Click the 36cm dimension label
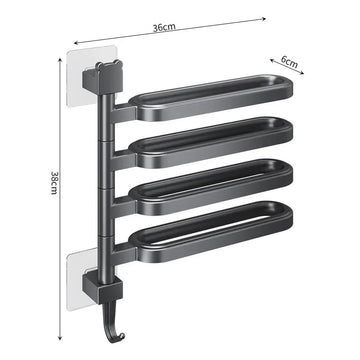click(x=164, y=27)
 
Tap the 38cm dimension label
click(x=54, y=183)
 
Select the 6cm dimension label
click(x=289, y=61)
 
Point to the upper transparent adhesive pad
click(x=92, y=76)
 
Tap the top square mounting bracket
click(x=103, y=79)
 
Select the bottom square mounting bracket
click(x=103, y=289)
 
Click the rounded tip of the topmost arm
click(x=287, y=87)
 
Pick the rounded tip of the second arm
click(x=287, y=129)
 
